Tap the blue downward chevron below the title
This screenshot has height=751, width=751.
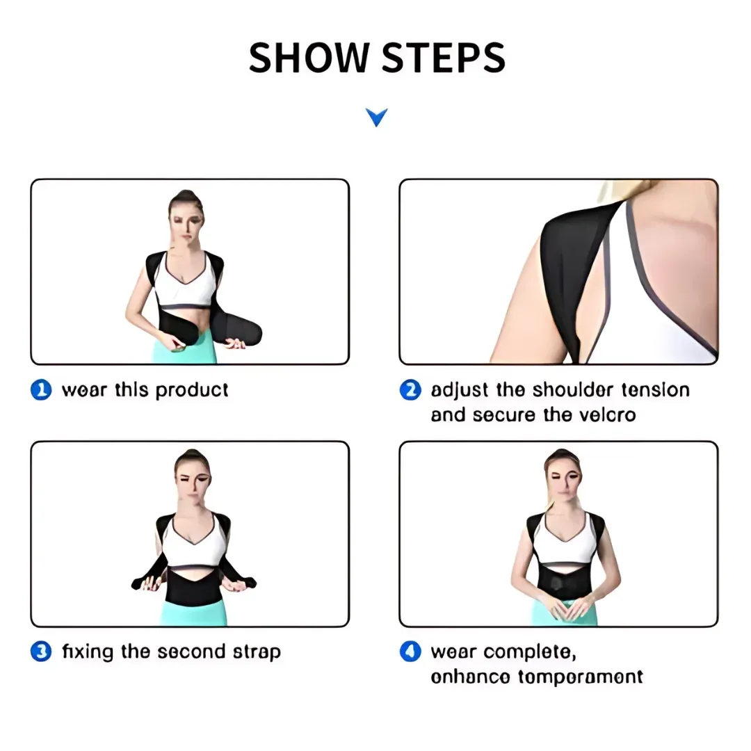point(376,118)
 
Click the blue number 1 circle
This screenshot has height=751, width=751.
point(42,390)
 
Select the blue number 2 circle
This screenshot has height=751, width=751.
point(410,390)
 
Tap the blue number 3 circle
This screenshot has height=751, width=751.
point(42,652)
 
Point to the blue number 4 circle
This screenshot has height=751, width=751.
point(410,652)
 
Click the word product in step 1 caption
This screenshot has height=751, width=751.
point(192,390)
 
